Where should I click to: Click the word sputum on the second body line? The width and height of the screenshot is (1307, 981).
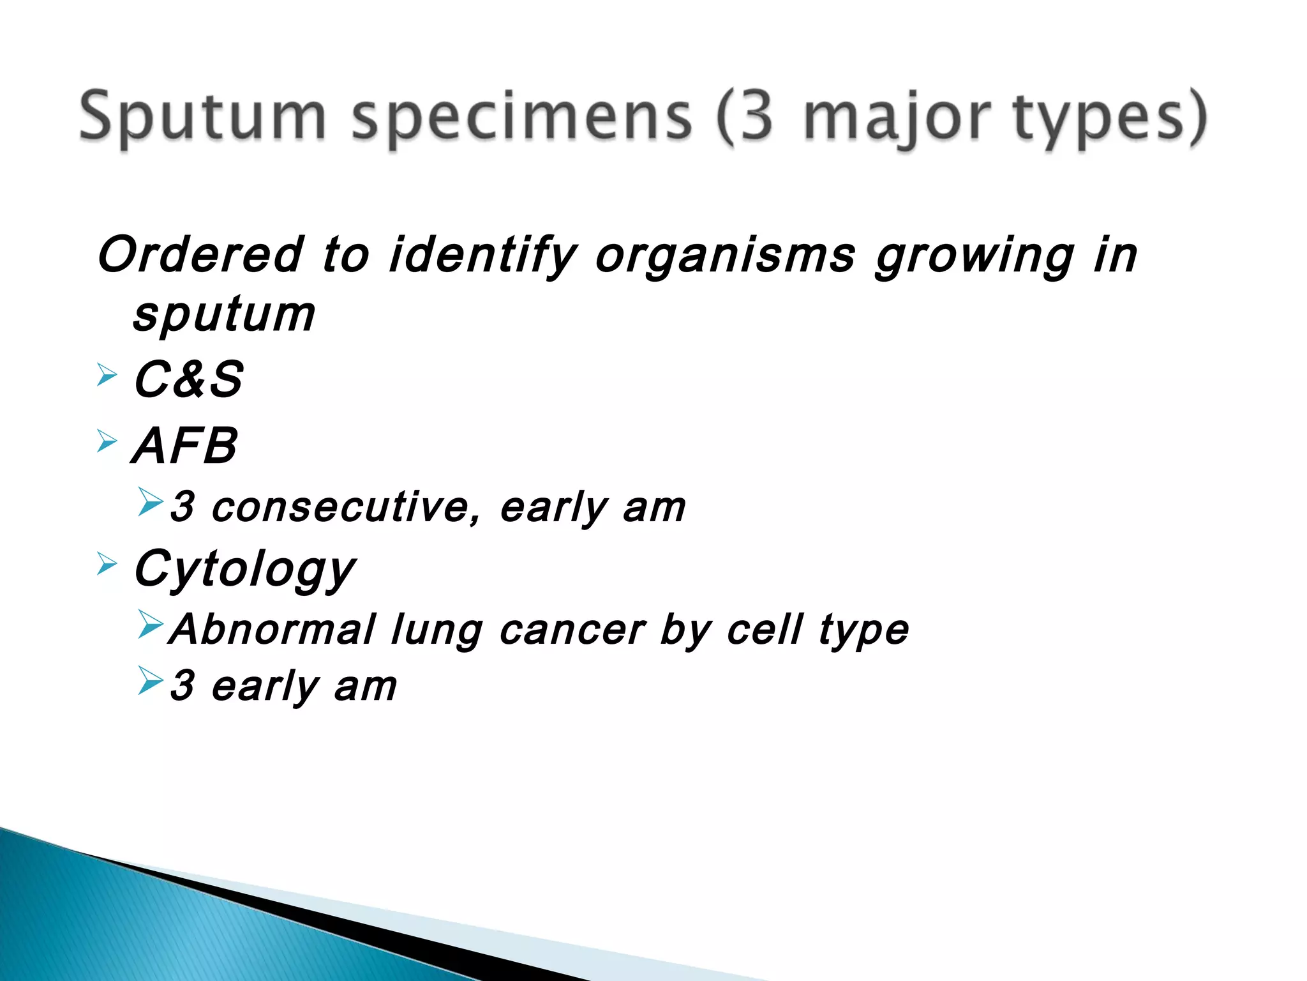224,315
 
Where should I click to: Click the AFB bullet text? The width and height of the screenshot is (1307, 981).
185,446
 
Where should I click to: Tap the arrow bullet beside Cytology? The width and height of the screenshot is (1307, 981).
107,564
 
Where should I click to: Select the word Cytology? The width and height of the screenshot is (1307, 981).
244,568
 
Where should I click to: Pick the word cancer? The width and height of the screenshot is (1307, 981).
572,630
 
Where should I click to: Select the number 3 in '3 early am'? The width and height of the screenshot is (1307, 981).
183,685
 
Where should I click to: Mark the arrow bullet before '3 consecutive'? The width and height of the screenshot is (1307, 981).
151,502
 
